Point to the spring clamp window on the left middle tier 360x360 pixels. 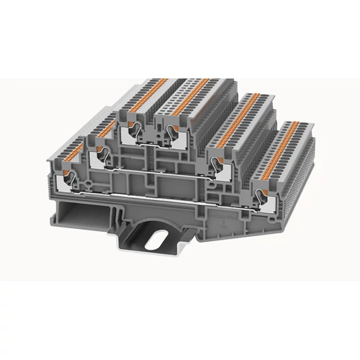click(100, 153)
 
